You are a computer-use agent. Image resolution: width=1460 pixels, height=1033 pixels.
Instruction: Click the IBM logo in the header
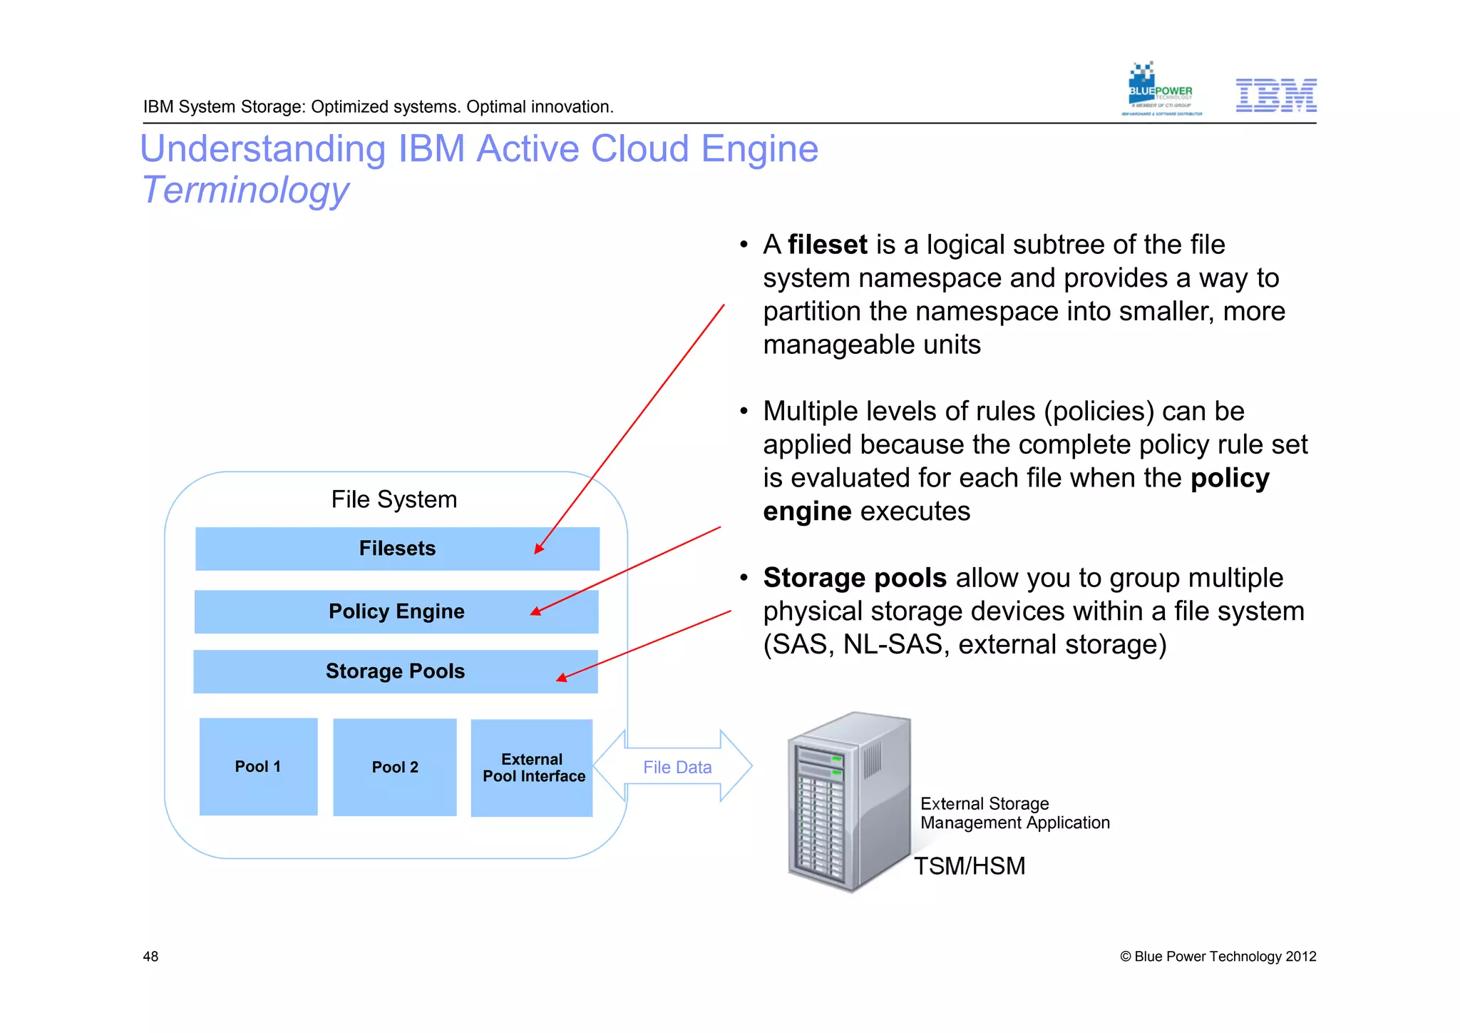coord(1275,95)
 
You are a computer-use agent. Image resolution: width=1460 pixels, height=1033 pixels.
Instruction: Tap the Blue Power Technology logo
coord(1160,90)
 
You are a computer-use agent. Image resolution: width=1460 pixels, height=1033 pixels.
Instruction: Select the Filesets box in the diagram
coord(397,549)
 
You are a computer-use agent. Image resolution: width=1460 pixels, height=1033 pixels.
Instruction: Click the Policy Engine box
coord(396,611)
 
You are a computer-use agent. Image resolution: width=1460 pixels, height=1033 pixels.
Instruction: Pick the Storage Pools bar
coord(395,671)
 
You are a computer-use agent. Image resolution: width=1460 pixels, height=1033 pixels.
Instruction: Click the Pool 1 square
coord(258,766)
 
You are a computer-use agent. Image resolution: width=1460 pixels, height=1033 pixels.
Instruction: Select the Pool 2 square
coord(394,767)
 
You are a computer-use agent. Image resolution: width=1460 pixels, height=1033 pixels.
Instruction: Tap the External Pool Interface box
coord(532,768)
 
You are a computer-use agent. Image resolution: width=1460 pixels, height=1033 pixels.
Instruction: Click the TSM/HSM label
coord(969,865)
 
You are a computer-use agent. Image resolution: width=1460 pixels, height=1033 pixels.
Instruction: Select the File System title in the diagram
coord(394,499)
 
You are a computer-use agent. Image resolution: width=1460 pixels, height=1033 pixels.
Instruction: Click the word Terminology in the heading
coord(245,190)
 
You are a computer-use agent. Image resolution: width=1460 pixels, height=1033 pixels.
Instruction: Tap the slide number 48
coord(150,956)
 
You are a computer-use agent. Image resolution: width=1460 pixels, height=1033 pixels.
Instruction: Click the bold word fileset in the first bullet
coord(827,245)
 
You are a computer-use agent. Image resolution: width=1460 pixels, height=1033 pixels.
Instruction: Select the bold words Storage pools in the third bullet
coord(854,578)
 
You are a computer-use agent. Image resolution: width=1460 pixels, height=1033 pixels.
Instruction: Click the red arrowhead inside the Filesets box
coord(539,548)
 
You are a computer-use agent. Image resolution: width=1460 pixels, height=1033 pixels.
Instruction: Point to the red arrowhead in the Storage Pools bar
coord(561,678)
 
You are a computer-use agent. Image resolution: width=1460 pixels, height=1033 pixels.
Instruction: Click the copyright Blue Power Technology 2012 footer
coord(1218,956)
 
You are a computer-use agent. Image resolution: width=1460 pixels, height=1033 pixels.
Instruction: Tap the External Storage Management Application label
coord(1014,813)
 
